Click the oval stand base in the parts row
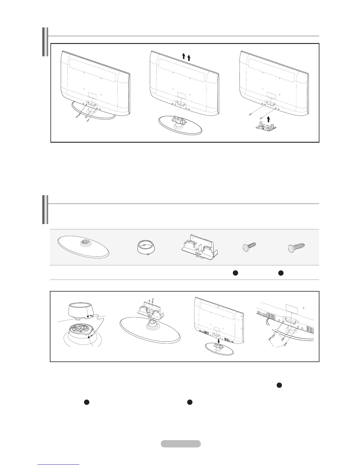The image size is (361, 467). pyautogui.click(x=83, y=248)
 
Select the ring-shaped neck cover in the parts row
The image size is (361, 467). pyautogui.click(x=145, y=247)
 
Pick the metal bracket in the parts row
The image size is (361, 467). pyautogui.click(x=199, y=247)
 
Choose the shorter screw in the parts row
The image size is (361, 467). pyautogui.click(x=249, y=247)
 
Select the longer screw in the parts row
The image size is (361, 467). pyautogui.click(x=296, y=247)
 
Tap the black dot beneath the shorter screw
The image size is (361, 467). pyautogui.click(x=235, y=273)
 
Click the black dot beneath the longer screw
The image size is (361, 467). pyautogui.click(x=281, y=273)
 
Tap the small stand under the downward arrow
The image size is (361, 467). pyautogui.click(x=219, y=349)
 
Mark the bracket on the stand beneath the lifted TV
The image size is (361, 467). pyautogui.click(x=180, y=120)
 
